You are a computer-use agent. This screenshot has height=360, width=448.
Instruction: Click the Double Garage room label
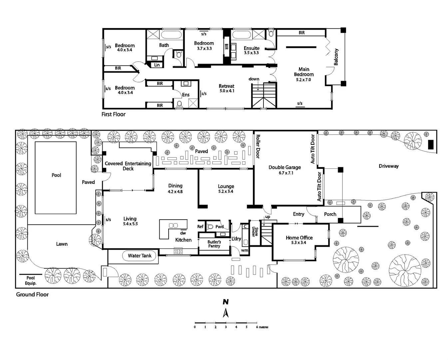pyautogui.click(x=284, y=167)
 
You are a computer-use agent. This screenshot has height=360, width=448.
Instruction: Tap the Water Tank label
pyautogui.click(x=140, y=256)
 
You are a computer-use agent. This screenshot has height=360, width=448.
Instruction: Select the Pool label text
pyautogui.click(x=56, y=175)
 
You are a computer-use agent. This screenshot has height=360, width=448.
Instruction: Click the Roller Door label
pyautogui.click(x=257, y=146)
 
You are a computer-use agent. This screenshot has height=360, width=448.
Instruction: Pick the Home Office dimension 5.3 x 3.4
pyautogui.click(x=298, y=243)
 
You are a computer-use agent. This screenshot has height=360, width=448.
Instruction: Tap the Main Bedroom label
pyautogui.click(x=303, y=72)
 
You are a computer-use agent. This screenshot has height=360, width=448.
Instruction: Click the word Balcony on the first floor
pyautogui.click(x=336, y=57)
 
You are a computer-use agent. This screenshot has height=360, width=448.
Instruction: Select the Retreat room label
pyautogui.click(x=226, y=86)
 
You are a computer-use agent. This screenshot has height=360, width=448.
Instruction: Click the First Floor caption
pyautogui.click(x=114, y=114)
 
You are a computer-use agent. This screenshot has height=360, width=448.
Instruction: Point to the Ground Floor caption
pyautogui.click(x=32, y=295)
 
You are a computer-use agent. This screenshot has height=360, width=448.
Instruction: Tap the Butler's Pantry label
pyautogui.click(x=214, y=244)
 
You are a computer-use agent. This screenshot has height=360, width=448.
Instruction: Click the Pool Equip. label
pyautogui.click(x=31, y=280)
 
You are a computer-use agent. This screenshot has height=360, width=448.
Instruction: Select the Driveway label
pyautogui.click(x=388, y=166)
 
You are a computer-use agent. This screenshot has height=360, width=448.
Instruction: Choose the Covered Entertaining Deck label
pyautogui.click(x=128, y=166)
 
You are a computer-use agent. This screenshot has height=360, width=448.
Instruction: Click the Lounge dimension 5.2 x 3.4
pyautogui.click(x=226, y=191)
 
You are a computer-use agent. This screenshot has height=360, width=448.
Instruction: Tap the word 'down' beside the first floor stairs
pyautogui.click(x=254, y=79)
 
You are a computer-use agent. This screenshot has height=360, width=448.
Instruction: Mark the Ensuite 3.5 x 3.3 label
pyautogui.click(x=251, y=50)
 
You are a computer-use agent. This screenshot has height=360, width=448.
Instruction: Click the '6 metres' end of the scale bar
pyautogui.click(x=262, y=327)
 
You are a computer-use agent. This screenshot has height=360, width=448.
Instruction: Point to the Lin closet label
pyautogui.click(x=157, y=65)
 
